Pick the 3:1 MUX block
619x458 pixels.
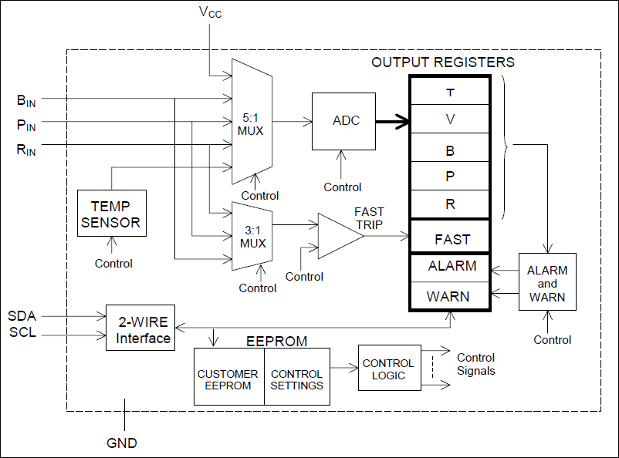tap(252, 234)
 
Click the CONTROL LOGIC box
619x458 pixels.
tap(388, 369)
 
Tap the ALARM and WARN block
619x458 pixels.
tap(547, 283)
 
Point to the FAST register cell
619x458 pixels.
tap(452, 238)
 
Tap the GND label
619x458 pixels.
tap(122, 443)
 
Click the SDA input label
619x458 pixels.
tap(22, 316)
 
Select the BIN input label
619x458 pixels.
tap(26, 99)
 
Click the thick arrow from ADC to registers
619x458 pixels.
tap(391, 121)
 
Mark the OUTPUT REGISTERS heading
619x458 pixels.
tap(443, 62)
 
